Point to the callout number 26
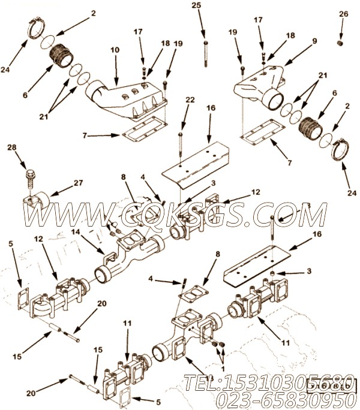click(343, 13)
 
